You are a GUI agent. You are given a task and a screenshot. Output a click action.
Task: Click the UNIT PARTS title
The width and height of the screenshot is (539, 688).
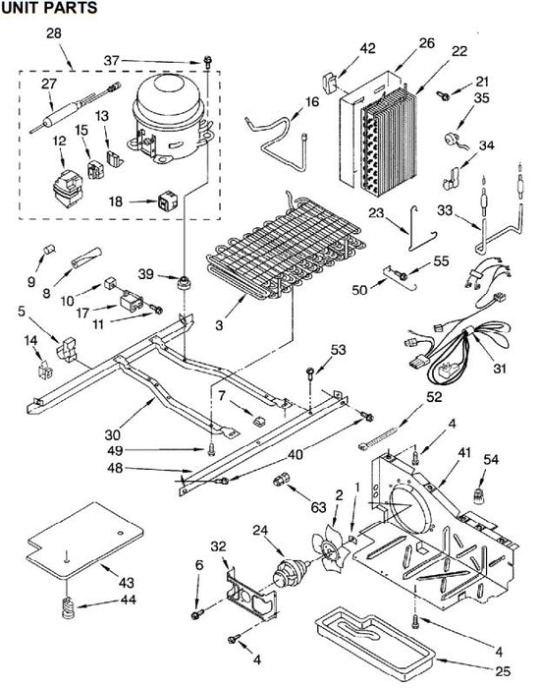coord(49,8)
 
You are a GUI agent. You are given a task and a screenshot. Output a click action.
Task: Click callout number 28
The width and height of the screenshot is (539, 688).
coord(54,33)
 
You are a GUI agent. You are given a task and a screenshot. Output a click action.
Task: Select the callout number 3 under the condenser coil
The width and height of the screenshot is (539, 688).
coord(219,325)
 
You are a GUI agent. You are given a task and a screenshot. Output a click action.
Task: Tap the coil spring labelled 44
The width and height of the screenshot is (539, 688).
coord(69,607)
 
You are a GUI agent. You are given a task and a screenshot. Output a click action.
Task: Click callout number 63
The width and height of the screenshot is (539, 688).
coord(318,507)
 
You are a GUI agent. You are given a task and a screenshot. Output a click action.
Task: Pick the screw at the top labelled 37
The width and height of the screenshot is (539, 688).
coord(207,61)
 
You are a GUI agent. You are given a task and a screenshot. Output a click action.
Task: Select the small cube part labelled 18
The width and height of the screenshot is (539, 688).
coord(168,201)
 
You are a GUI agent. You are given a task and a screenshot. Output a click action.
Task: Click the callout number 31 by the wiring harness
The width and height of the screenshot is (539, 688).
coord(500,368)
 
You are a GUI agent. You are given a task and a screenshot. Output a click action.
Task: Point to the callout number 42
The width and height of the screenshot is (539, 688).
coord(368,48)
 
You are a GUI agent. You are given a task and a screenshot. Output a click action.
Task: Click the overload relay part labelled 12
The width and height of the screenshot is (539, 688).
coord(68,189)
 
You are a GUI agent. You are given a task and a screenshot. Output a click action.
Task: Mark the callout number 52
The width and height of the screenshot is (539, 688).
coord(434,397)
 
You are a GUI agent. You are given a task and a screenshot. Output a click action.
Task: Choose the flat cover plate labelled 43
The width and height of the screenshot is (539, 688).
coord(84,541)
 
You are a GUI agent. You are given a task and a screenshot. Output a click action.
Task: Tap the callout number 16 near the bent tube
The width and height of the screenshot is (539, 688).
coord(312,102)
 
